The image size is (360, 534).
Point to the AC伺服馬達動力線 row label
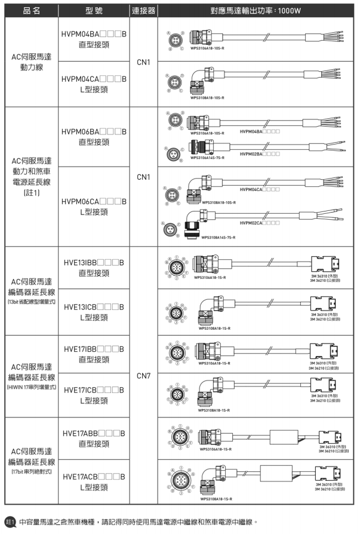click(x=31, y=62)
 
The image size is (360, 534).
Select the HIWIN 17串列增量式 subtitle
click(x=31, y=387)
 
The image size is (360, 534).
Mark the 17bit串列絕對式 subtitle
click(x=31, y=472)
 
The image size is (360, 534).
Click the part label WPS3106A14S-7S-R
click(x=207, y=158)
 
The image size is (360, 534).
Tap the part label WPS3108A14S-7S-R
click(x=218, y=237)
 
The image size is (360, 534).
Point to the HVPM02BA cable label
click(x=259, y=154)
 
